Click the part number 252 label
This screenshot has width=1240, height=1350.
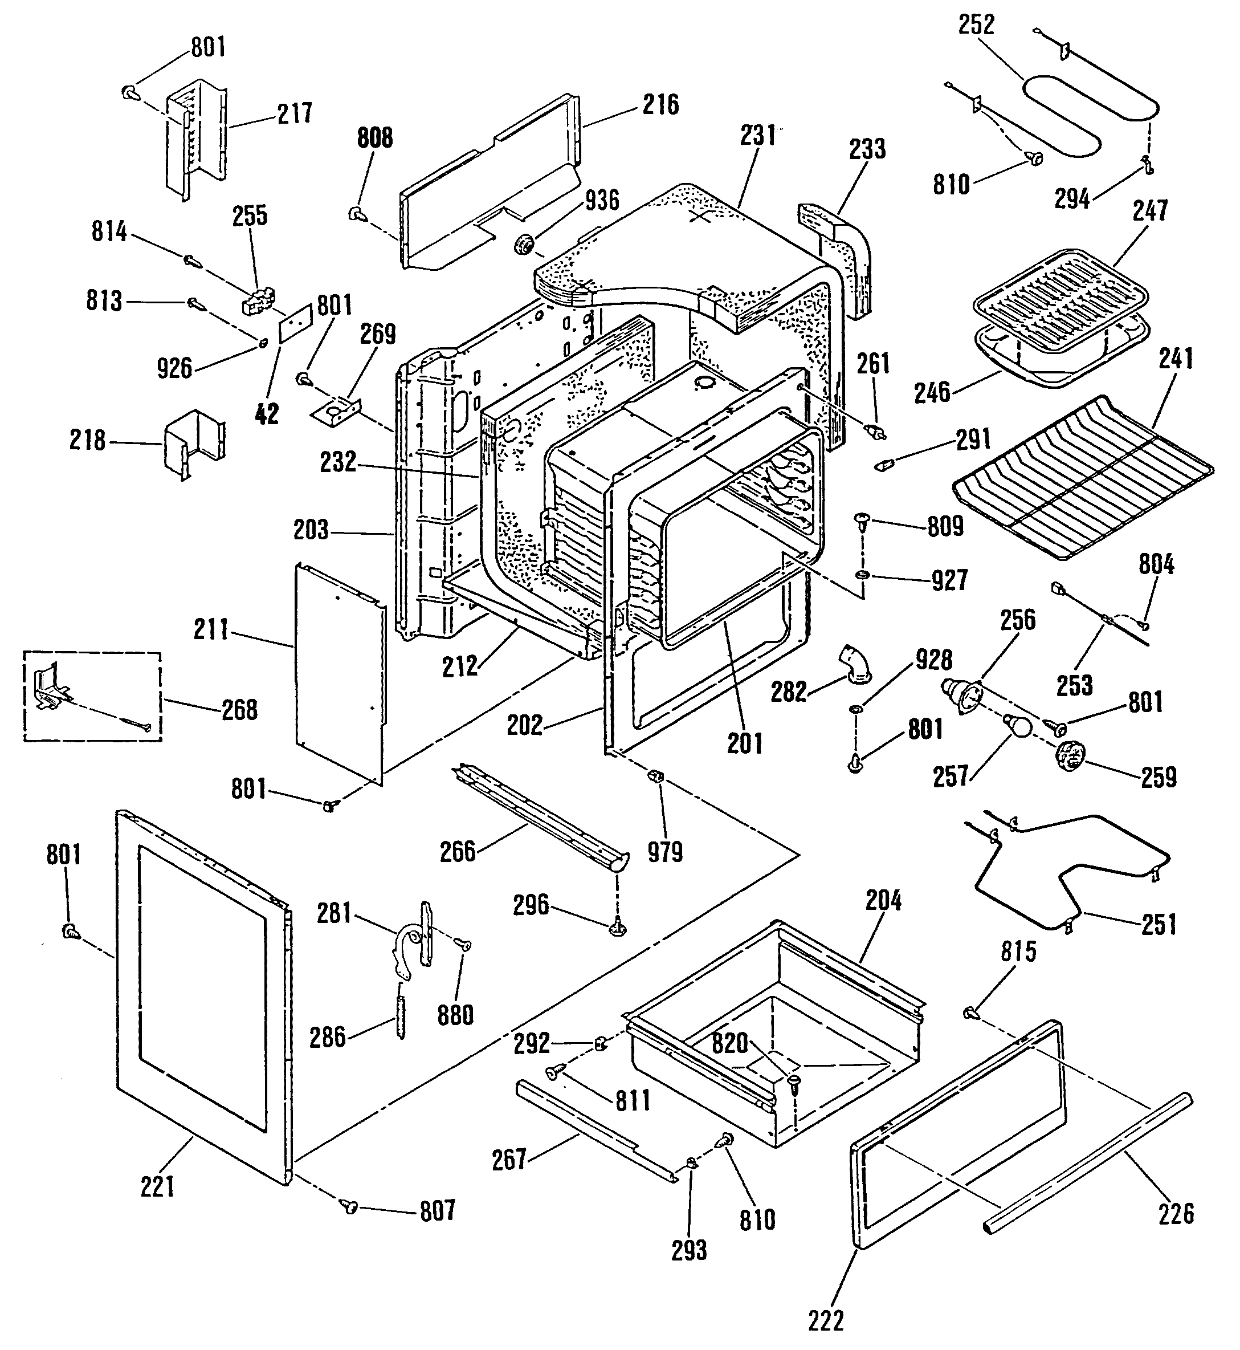(976, 25)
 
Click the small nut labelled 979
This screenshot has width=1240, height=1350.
(654, 778)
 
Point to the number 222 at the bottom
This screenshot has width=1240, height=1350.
(826, 1320)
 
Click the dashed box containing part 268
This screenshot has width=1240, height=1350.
(92, 696)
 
